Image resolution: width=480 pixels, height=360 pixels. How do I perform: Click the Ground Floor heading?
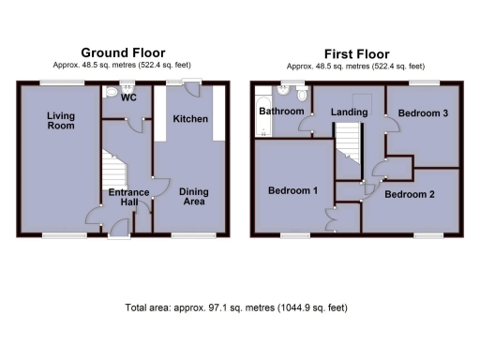tap(123, 52)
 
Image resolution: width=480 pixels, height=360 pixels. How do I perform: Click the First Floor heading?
tap(356, 54)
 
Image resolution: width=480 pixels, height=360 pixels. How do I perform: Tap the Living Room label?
tap(61, 120)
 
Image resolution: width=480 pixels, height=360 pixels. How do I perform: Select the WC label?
tap(128, 97)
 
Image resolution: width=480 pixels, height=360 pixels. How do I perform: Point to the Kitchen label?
tap(190, 119)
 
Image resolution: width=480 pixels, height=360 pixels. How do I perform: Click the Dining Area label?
tap(194, 197)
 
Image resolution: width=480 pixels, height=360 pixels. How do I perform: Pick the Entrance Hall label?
tap(127, 198)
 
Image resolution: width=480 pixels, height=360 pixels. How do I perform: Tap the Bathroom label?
tap(281, 111)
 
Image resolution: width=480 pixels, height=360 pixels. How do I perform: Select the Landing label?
tap(349, 112)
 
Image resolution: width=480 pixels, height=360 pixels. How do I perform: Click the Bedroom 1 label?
tap(292, 190)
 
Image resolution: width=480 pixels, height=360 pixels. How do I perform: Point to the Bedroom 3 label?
tap(422, 112)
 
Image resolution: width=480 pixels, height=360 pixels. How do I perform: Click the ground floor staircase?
tap(112, 173)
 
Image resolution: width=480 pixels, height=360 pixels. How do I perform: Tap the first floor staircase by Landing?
tap(348, 150)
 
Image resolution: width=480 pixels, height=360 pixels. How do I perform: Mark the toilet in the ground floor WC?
tap(111, 91)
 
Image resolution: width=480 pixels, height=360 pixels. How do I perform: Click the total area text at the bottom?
tap(239, 307)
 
